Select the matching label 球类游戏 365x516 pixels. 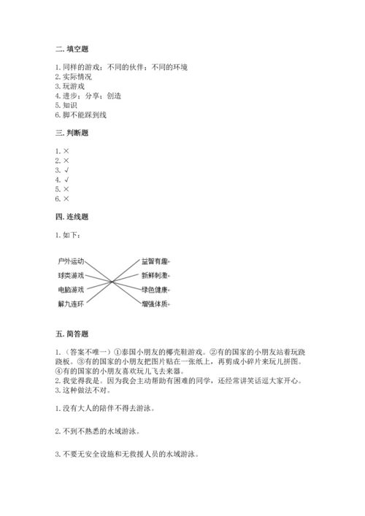[72, 275]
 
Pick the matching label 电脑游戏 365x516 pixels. [72, 289]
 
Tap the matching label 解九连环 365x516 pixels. [72, 303]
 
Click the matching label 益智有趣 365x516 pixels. [155, 261]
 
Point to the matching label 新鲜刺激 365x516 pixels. [155, 275]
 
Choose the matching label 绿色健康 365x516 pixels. [155, 289]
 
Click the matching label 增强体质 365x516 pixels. [155, 303]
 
